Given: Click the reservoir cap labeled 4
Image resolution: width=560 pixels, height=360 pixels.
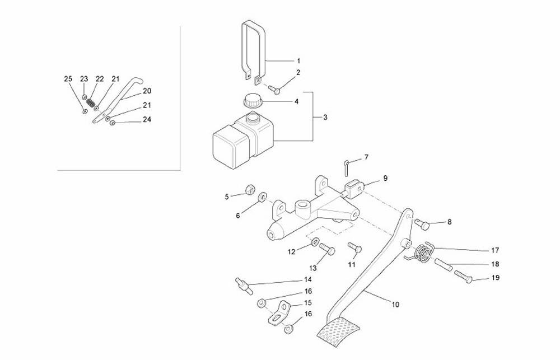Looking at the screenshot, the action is coord(252,101).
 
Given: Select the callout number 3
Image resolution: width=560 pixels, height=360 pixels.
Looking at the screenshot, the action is coord(325,117).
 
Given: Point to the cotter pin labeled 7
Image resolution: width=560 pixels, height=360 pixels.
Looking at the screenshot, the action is coord(347,167).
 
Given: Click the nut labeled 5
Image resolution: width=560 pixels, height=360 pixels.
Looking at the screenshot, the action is coord(250,189).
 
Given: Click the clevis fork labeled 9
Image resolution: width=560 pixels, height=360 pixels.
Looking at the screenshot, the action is coord(354,189).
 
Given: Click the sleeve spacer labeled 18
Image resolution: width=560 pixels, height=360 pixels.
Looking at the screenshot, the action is coord(444,265).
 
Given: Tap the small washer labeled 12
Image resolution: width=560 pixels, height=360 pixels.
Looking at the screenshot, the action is coord(315,242).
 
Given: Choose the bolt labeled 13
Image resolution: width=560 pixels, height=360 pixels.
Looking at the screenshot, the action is coord(326,249).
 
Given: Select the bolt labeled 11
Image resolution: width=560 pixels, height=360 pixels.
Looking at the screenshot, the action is coord(355,247).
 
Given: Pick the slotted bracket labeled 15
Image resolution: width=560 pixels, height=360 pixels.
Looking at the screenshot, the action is coord(279,313).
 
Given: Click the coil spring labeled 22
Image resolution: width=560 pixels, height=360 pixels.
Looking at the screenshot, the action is coord(91,102).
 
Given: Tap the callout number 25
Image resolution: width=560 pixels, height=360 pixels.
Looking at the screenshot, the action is coord(68,79).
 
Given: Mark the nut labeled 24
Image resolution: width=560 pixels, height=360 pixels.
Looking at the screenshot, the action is coord(112,123).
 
